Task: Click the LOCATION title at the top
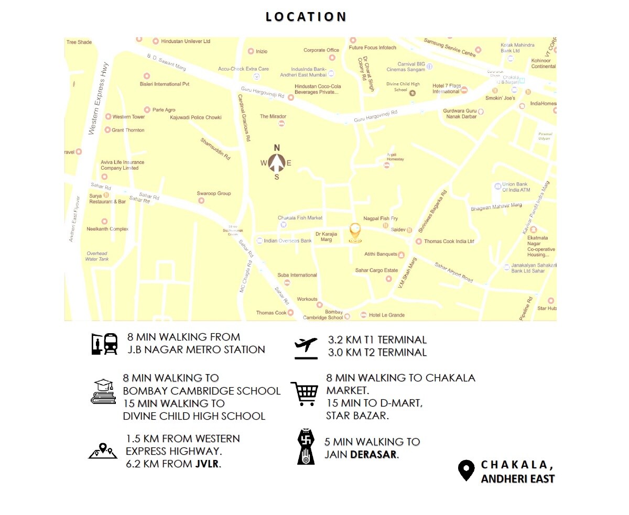pos(306,17)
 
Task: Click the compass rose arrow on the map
pos(277,162)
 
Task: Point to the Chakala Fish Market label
pos(300,217)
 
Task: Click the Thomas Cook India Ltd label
pos(449,241)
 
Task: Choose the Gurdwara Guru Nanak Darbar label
pos(461,114)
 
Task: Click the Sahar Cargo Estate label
pos(376,270)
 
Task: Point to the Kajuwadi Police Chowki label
pos(196,117)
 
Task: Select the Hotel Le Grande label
pos(386,315)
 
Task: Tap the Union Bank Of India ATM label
pos(518,187)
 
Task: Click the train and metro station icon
pos(104,344)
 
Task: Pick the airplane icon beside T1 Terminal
pos(306,347)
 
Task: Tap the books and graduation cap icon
pos(103,391)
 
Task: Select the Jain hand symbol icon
pos(305,447)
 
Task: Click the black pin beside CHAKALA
pos(466,470)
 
